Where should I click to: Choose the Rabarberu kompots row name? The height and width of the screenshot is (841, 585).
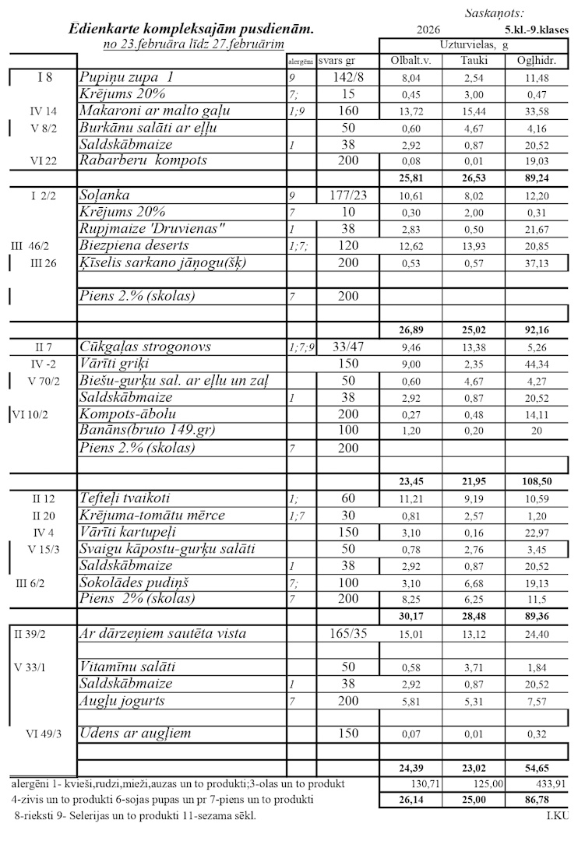pyautogui.click(x=143, y=160)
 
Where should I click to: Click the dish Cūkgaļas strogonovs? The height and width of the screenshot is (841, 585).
pyautogui.click(x=156, y=347)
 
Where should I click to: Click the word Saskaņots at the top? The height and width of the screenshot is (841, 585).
pyautogui.click(x=494, y=13)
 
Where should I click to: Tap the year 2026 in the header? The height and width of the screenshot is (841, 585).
pyautogui.click(x=428, y=30)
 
